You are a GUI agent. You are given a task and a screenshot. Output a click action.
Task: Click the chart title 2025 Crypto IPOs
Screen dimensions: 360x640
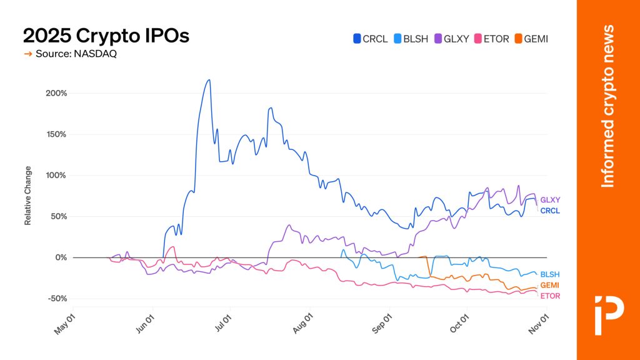pos(106,36)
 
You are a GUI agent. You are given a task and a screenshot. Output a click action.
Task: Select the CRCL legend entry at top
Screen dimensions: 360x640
pos(371,39)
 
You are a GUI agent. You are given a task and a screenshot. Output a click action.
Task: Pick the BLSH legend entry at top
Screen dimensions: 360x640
pos(411,39)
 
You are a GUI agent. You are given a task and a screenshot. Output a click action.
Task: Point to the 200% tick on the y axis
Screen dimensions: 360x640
pos(56,93)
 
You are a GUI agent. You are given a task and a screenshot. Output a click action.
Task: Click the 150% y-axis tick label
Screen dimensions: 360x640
pos(56,134)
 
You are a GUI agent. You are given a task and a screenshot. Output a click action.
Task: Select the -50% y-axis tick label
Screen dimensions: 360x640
pos(56,299)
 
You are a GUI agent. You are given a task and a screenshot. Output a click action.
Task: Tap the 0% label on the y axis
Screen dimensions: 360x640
pos(61,257)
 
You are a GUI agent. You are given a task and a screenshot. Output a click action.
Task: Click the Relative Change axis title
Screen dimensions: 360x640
pos(28,196)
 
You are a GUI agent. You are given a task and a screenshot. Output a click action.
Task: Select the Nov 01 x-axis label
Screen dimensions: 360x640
pos(537,324)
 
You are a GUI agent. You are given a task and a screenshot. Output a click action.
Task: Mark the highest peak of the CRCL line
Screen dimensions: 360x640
pos(209,80)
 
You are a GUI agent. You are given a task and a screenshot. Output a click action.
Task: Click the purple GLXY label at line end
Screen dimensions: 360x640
pos(550,200)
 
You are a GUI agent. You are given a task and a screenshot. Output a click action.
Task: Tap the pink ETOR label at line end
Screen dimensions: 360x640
pos(550,296)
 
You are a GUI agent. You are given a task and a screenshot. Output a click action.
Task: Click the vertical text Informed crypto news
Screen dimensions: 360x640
pos(607,106)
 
